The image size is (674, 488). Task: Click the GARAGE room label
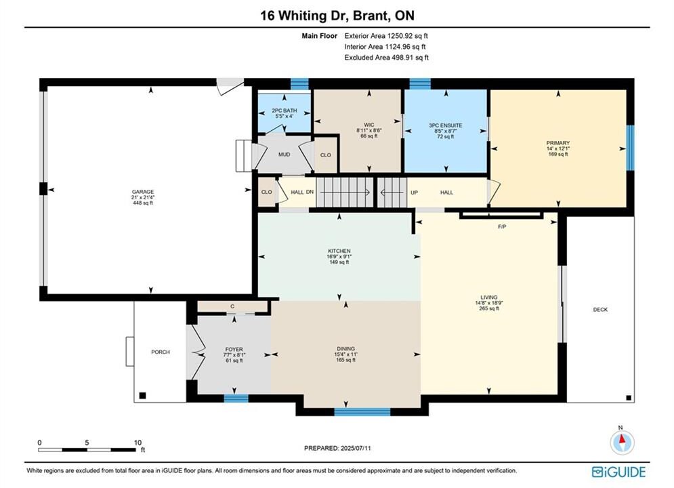143,192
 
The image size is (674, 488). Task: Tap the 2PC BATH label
284,110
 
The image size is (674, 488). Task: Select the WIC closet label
368,125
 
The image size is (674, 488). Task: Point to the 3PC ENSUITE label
445,125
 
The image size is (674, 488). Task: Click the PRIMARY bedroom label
558,143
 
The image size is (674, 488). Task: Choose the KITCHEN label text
339,251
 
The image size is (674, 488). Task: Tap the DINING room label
345,348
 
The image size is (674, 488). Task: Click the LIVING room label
489,297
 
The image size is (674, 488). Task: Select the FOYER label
234,349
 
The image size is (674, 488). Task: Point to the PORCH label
161,352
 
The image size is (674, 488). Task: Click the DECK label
600,310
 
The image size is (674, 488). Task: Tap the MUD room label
284,155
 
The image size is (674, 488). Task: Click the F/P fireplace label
502,226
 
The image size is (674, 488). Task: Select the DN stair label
310,192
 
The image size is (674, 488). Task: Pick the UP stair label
414,192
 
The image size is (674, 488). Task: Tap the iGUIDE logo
618,472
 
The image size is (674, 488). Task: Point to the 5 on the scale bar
87,443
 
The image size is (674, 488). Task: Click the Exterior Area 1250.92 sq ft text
386,36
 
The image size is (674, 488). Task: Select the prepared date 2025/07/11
356,448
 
